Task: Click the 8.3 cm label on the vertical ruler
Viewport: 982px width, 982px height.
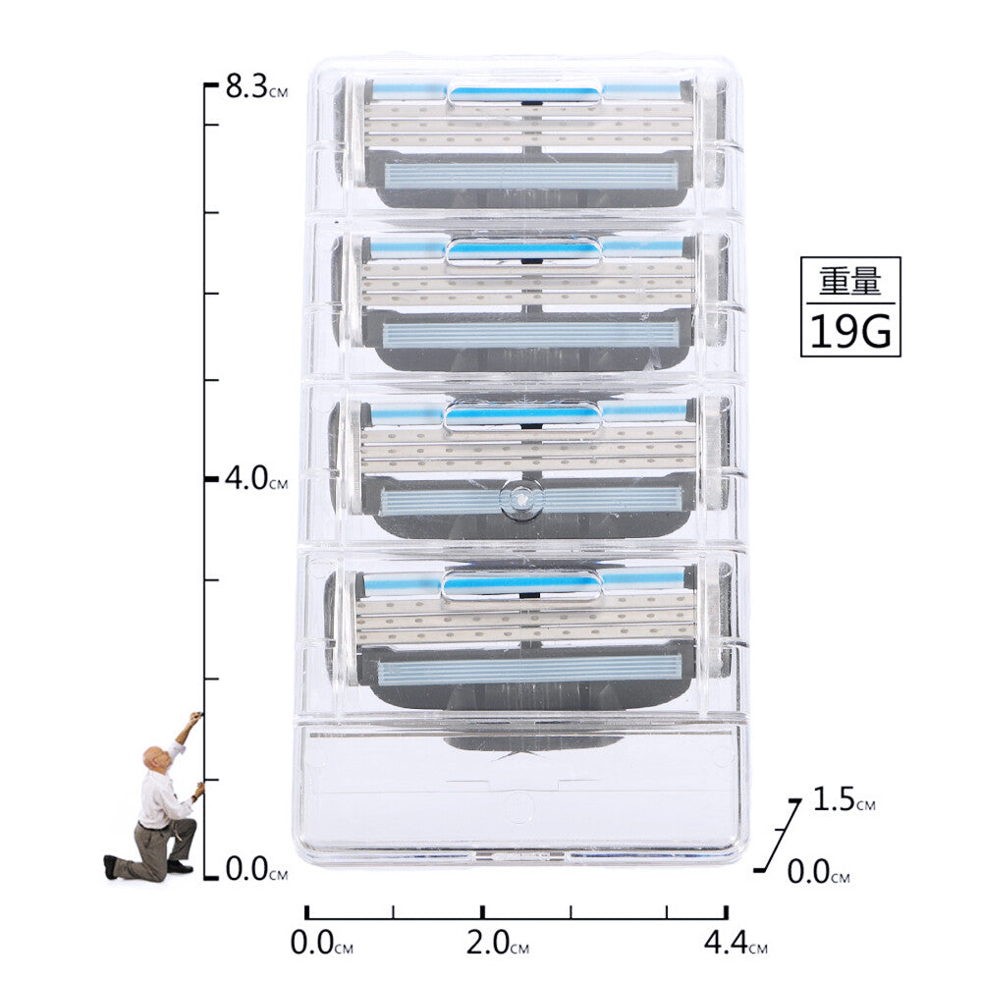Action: tap(256, 86)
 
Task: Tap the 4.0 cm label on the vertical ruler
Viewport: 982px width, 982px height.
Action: tap(256, 479)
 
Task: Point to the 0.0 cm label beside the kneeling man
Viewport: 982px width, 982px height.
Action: tap(256, 869)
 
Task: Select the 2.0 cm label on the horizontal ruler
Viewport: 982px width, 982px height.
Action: tap(497, 943)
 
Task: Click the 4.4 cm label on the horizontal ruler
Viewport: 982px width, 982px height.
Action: tap(736, 943)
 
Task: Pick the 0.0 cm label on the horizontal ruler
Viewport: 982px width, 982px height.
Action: tap(321, 943)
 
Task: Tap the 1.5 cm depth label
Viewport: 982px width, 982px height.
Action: tap(844, 799)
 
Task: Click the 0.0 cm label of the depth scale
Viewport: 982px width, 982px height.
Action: tap(818, 872)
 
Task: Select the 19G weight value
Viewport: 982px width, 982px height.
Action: tap(850, 331)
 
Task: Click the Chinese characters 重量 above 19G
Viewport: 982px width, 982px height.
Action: tap(850, 281)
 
